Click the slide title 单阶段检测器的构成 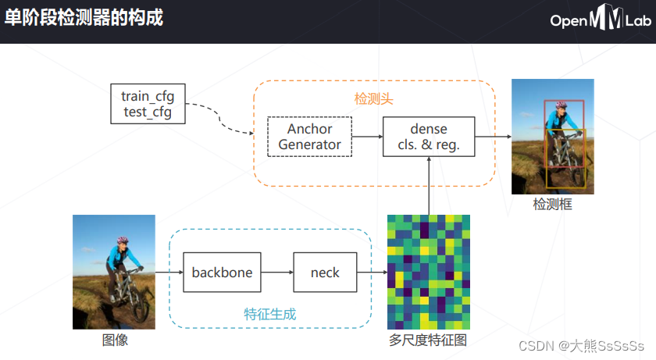(x=84, y=17)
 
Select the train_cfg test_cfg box (x=148, y=104)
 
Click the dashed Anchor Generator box (x=310, y=137)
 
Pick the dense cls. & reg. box (x=429, y=137)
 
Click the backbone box (x=222, y=273)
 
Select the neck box (x=325, y=273)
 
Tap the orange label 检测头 (x=373, y=99)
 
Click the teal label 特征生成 (x=269, y=314)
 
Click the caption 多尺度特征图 (x=428, y=340)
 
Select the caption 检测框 (x=552, y=205)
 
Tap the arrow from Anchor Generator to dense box (x=367, y=137)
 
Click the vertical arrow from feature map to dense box (x=429, y=185)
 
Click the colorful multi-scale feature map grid (x=429, y=272)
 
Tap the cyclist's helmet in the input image (x=122, y=242)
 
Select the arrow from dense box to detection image (x=493, y=137)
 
